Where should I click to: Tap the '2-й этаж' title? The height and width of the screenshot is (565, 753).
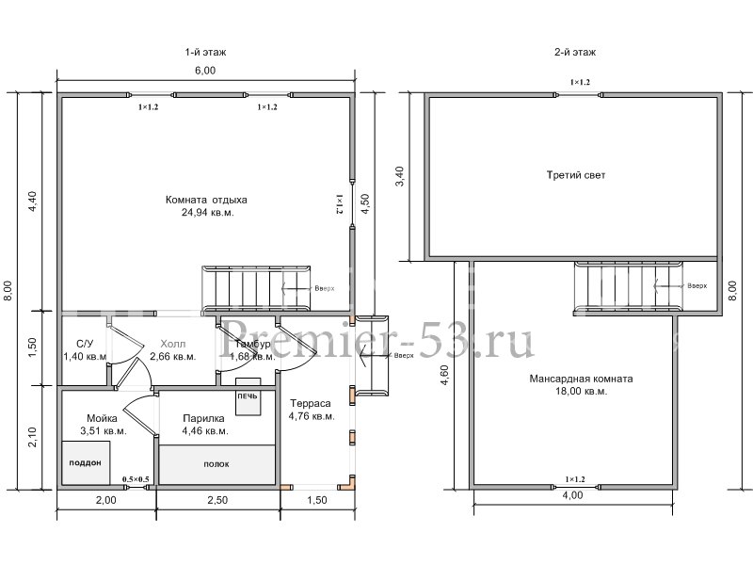(575, 53)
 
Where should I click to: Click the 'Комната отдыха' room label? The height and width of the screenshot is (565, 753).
(205, 200)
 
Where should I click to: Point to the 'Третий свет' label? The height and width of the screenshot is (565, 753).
(575, 175)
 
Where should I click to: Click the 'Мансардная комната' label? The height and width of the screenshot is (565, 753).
(581, 379)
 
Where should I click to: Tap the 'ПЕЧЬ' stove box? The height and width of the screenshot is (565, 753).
(247, 397)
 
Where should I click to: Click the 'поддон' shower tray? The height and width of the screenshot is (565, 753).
(85, 463)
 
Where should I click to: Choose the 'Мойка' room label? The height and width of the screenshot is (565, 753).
(102, 418)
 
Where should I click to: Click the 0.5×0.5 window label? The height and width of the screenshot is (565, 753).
(136, 480)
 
